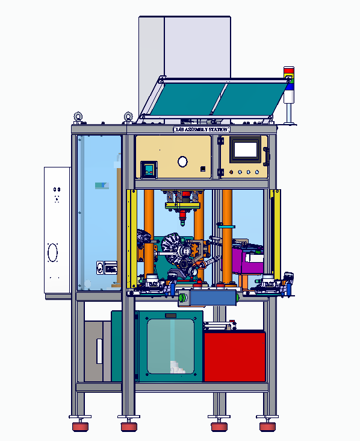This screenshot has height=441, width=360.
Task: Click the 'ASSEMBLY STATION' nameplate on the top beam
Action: [x=202, y=129]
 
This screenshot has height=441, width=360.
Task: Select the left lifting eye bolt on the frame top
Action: [x=78, y=117]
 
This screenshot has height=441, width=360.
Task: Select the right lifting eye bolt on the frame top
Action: [x=128, y=117]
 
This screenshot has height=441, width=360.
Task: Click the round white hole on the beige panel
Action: [x=182, y=161]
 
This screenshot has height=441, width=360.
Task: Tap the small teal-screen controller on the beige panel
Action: [x=149, y=169]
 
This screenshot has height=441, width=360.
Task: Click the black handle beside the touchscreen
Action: [x=265, y=155]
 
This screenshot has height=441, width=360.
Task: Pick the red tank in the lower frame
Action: [x=234, y=356]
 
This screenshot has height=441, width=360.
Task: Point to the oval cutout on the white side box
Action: [x=52, y=252]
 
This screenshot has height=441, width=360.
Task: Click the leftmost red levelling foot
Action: [x=79, y=427]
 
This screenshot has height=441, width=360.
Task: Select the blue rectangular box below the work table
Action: [x=213, y=297]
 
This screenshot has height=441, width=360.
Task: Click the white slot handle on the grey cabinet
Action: [x=99, y=351]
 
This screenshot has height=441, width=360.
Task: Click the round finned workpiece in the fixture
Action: [x=173, y=249]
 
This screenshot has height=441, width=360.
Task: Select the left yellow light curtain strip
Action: [x=132, y=239]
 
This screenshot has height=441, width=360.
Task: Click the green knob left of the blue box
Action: [x=183, y=297]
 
